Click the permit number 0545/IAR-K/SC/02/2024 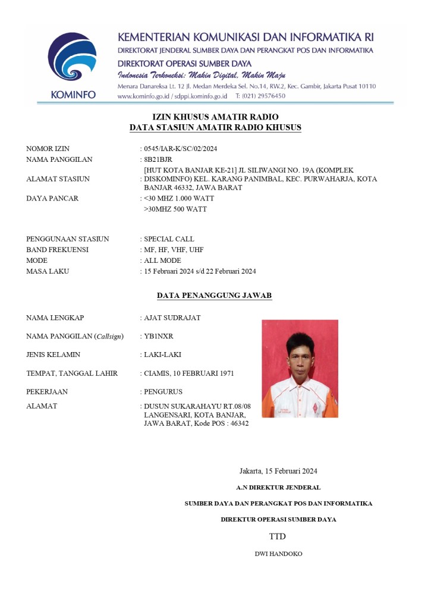pos(177,149)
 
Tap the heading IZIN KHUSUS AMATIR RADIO pos(215,117)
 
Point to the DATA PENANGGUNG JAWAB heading pos(215,295)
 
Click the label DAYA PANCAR pos(52,198)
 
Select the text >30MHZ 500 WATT pos(175,209)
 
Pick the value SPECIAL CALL pos(169,239)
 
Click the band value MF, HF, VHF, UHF pos(174,250)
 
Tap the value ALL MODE pos(162,260)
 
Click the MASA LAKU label pos(48,271)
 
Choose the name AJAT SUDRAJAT pos(172,318)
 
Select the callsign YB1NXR pos(159,336)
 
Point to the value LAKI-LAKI pos(162,354)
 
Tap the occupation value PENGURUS pos(163,392)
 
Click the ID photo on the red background pos(300,368)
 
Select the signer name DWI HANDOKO pos(278,554)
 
